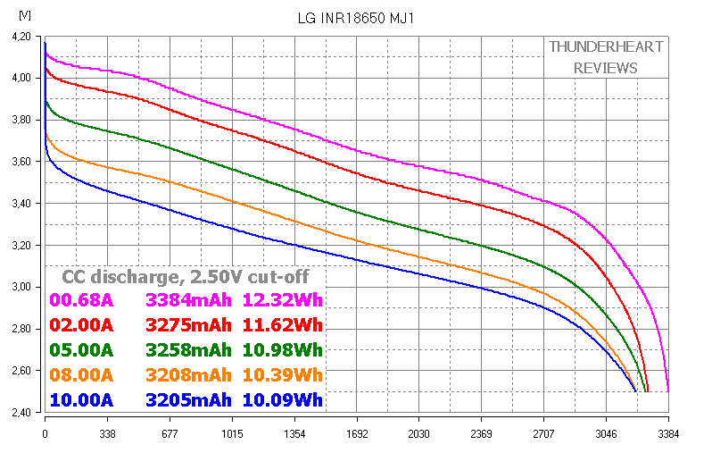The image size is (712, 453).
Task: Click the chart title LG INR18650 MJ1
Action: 354,18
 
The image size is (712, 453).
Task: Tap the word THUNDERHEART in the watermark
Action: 606,47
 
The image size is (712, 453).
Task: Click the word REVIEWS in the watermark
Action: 606,68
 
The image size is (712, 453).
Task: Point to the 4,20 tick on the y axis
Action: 20,37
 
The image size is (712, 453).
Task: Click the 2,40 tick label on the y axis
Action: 20,412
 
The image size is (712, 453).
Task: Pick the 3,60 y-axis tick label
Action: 20,162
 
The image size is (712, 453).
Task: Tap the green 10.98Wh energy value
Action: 282,349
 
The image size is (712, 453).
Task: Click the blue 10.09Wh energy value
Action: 282,399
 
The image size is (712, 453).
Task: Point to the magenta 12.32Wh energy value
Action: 282,299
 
